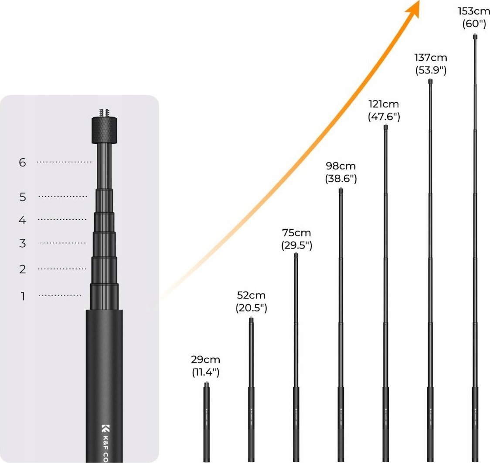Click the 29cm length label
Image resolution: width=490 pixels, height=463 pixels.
(205, 360)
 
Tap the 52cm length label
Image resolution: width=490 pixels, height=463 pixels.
(251, 296)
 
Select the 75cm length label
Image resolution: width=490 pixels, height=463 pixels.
(296, 232)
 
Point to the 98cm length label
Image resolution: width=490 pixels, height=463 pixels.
(341, 166)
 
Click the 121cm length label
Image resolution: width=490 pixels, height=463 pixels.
(384, 104)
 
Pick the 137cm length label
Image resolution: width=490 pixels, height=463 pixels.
(430, 58)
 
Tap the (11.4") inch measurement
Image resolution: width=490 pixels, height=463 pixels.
(205, 373)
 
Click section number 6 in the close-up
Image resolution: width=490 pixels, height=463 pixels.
(23, 163)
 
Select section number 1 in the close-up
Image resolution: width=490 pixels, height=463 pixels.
(23, 297)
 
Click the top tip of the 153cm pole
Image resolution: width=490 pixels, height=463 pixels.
(475, 37)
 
